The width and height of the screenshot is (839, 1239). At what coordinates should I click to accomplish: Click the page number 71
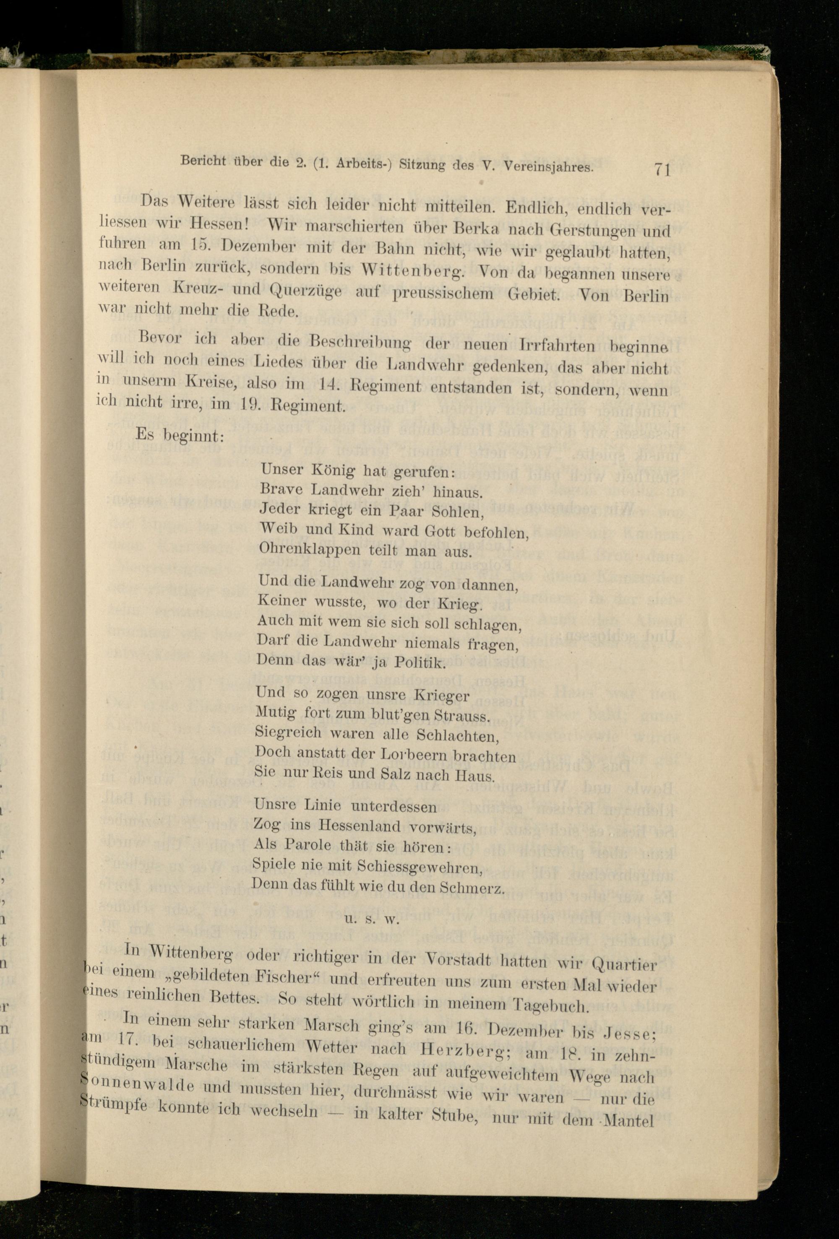point(660,169)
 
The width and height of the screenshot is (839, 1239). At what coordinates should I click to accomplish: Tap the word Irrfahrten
point(557,346)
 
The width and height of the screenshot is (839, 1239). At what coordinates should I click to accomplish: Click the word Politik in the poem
point(419,662)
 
